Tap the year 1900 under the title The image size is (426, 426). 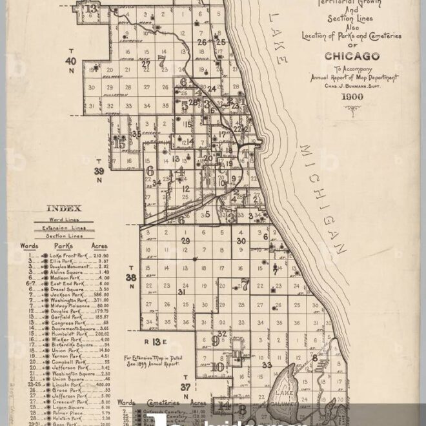coord(352,97)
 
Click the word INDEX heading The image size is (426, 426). coord(64,208)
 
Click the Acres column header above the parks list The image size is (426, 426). coord(99,246)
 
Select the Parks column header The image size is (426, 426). coord(63,246)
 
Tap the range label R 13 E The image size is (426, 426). coord(156,341)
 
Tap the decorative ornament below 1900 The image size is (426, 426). coord(352,108)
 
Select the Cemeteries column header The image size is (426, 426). coord(162,401)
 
